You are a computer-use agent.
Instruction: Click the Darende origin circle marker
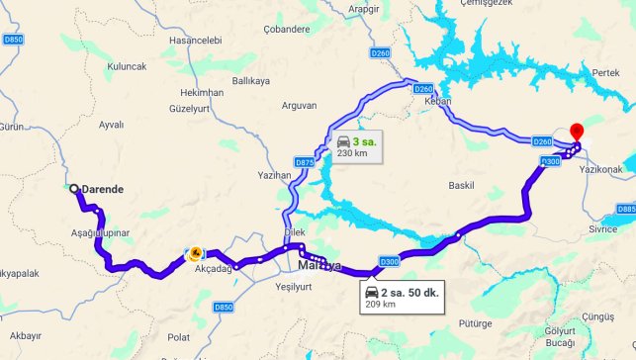pos(73,188)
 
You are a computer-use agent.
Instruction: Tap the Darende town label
pos(102,188)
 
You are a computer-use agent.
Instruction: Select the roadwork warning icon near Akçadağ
pos(196,253)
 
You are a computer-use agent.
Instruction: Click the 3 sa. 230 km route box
pos(356,146)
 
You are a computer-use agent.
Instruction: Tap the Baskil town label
pos(462,185)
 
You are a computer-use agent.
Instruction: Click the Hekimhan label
pos(202,91)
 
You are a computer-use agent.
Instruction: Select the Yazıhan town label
pos(274,174)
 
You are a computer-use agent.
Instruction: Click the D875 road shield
pos(304,161)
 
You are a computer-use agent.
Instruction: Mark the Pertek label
pos(604,74)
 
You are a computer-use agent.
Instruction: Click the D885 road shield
pos(625,210)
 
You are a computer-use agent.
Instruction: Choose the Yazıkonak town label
pos(598,170)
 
